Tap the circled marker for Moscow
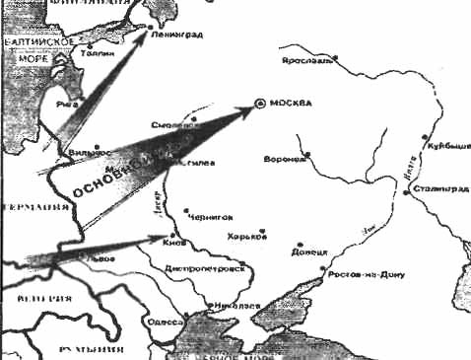pyautogui.click(x=259, y=103)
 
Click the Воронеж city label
pyautogui.click(x=287, y=159)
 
